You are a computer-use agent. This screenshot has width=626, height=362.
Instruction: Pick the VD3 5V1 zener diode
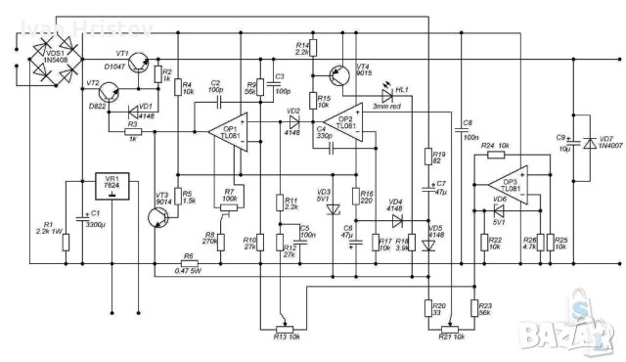[330, 209]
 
